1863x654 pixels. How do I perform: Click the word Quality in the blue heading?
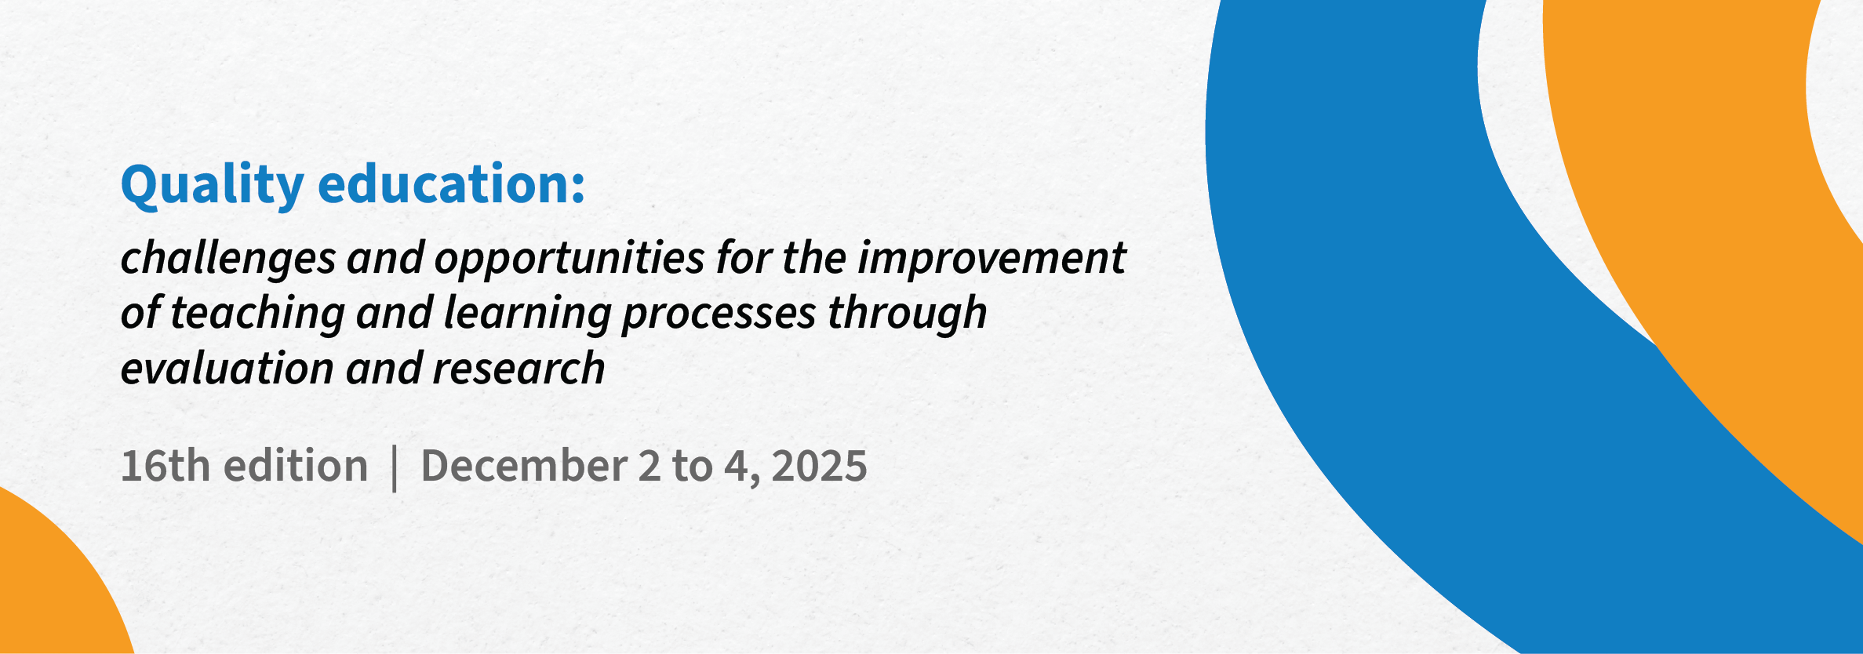click(212, 186)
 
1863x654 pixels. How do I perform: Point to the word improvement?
click(992, 257)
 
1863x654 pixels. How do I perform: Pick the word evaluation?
click(227, 368)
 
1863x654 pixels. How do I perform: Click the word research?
click(519, 368)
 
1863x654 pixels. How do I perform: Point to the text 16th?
click(166, 465)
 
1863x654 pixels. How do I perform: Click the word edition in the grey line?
click(296, 465)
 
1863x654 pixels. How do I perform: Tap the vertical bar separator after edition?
click(395, 468)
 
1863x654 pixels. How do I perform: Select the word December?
click(524, 465)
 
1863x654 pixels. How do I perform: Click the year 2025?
click(819, 466)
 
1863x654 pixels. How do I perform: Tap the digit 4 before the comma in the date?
click(736, 466)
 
